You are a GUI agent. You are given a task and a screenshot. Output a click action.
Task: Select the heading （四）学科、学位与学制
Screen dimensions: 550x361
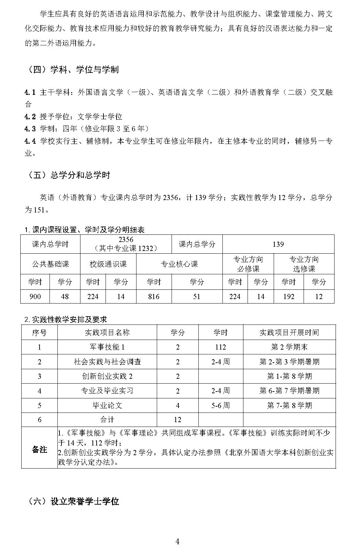[x=73, y=70]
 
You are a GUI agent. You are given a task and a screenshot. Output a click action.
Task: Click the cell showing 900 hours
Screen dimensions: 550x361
[x=35, y=296]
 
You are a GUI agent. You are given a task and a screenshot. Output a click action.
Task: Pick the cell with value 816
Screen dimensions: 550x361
[x=154, y=296]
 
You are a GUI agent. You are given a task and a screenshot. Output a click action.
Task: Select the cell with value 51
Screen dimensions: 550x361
[x=197, y=296]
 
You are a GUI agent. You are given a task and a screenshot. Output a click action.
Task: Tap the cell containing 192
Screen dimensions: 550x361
[x=288, y=296]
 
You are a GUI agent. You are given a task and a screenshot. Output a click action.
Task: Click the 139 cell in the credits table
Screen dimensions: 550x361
[x=278, y=244]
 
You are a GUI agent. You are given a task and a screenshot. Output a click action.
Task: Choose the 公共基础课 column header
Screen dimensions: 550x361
[x=50, y=264]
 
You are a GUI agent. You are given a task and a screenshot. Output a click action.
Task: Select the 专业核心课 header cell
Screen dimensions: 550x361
[x=179, y=264]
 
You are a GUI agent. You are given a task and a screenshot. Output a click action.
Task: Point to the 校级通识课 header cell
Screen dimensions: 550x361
[x=108, y=264]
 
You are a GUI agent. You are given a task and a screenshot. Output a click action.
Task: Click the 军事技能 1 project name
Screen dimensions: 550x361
[x=107, y=347]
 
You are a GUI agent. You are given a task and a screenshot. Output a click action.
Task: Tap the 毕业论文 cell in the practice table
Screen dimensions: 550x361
[x=107, y=405]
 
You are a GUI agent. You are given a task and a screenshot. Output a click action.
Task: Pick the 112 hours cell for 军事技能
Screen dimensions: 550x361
[x=220, y=347]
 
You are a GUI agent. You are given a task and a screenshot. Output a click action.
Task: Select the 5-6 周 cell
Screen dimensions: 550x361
[x=220, y=405]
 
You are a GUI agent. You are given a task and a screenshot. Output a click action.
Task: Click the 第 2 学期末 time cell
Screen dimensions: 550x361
[x=289, y=347]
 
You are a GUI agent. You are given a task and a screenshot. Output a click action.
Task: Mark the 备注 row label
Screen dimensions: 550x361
[x=39, y=449]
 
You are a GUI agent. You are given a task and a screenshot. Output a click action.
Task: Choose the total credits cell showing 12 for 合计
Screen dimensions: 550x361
[x=177, y=419]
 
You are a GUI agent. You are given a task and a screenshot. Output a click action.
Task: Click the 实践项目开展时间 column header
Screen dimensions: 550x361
[x=289, y=332]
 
